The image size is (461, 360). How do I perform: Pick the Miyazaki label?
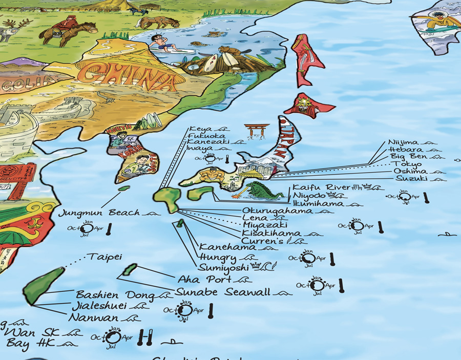pyautogui.click(x=265, y=225)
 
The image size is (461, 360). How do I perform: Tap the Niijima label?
pyautogui.click(x=403, y=142)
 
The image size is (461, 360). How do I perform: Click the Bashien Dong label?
pyautogui.click(x=115, y=295)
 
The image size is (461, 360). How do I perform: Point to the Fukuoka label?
pyautogui.click(x=207, y=136)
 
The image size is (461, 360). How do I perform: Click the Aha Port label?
pyautogui.click(x=204, y=280)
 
